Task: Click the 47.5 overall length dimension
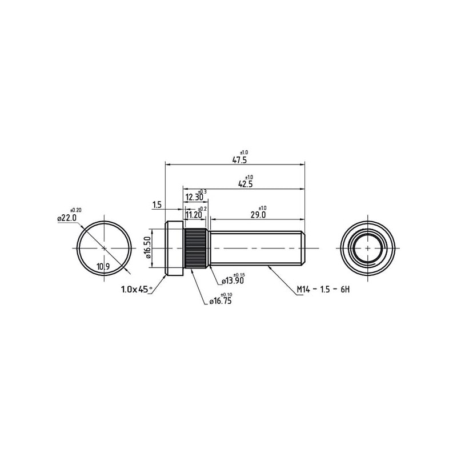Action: [239, 160]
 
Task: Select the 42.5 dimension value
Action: [246, 184]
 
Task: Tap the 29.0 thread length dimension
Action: [258, 215]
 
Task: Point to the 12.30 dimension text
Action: [194, 197]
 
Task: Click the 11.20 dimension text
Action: [194, 215]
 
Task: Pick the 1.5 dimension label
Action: [157, 205]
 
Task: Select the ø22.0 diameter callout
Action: [67, 218]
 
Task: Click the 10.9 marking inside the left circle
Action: [103, 266]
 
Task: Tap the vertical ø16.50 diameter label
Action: [148, 247]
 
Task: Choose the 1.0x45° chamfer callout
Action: [137, 290]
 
